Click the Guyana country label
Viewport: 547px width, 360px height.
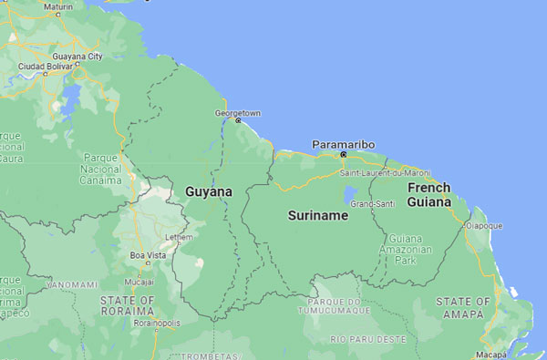pos(209,192)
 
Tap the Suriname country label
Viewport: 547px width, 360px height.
pos(317,216)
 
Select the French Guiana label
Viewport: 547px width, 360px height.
pos(428,195)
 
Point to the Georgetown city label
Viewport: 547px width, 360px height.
pos(237,113)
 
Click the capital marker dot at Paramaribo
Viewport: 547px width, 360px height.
pos(344,154)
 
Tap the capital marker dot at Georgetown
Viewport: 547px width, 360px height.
pos(238,120)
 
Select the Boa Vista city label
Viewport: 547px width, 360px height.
pos(149,255)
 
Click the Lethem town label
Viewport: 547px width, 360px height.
pos(177,238)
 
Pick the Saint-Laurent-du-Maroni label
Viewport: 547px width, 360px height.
pos(384,172)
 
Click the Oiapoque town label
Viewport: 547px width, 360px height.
pos(483,224)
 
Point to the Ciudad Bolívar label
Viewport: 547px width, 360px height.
pos(45,66)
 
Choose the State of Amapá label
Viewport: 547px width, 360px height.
pos(464,306)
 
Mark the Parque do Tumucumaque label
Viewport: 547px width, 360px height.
pos(339,305)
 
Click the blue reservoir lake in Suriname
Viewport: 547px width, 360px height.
pos(351,195)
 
